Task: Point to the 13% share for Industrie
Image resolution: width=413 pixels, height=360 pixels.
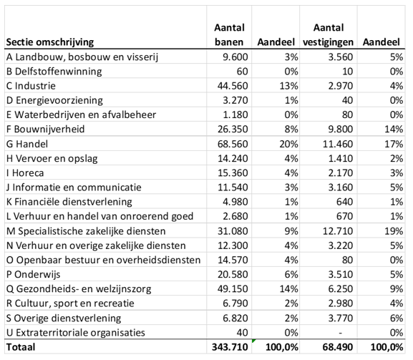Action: [276, 87]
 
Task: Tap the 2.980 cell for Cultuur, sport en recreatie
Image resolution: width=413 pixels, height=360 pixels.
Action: [336, 303]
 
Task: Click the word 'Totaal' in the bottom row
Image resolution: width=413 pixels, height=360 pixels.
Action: [21, 348]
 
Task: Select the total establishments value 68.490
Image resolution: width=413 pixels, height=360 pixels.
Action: [333, 348]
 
